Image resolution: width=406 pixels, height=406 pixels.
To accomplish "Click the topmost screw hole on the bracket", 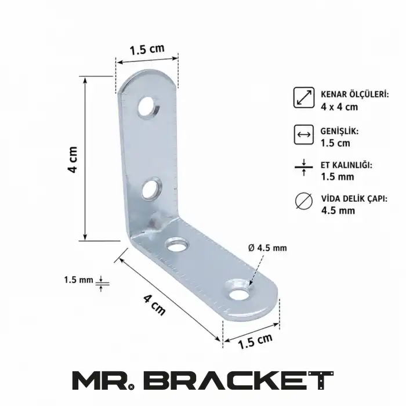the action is [x=148, y=107].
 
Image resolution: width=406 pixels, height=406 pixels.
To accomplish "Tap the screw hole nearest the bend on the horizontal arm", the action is [x=177, y=244].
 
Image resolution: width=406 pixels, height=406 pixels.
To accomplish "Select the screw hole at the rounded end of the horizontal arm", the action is [x=238, y=291].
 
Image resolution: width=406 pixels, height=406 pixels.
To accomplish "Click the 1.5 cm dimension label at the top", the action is [x=147, y=49].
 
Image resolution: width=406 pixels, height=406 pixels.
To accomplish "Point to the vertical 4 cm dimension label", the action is [x=72, y=159].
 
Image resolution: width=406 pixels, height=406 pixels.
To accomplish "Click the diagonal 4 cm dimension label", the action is [x=154, y=306].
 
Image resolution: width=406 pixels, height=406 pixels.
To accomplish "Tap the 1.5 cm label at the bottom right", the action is [x=255, y=341].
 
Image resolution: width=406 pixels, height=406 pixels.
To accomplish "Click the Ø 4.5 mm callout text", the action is [x=267, y=248].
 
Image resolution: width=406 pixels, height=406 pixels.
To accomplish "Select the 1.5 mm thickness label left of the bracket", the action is [x=78, y=280].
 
